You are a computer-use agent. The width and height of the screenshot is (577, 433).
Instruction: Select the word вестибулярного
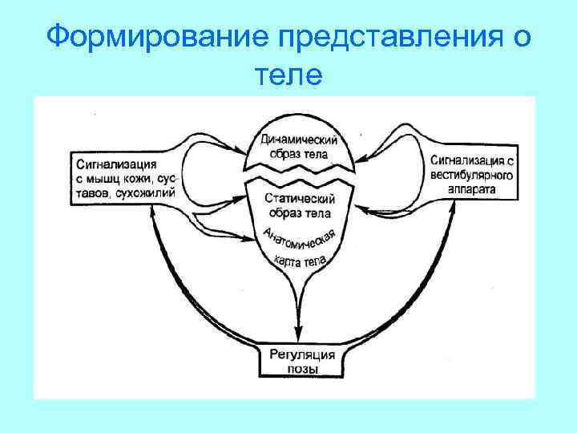pos(470,176)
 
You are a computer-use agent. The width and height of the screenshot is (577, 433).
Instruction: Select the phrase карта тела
pos(300,264)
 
